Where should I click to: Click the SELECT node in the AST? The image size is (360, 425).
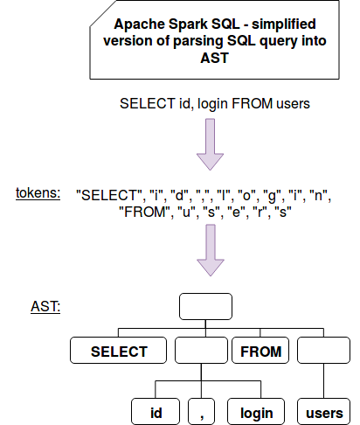click(x=118, y=350)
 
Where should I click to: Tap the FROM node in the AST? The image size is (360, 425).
click(x=260, y=350)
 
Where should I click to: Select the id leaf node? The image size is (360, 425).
click(x=156, y=411)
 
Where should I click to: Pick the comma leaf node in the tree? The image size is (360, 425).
click(x=201, y=411)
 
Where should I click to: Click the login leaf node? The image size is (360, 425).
click(x=256, y=411)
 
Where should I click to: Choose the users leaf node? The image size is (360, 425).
click(x=323, y=411)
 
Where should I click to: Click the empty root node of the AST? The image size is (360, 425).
click(x=205, y=306)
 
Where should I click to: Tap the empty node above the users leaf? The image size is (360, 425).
click(x=323, y=350)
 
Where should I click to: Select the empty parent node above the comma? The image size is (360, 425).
click(x=201, y=350)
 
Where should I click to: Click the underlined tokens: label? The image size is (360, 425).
click(x=38, y=193)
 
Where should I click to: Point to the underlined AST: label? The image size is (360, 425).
click(x=45, y=306)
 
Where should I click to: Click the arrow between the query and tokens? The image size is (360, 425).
click(x=210, y=144)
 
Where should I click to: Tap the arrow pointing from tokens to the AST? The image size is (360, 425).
click(x=211, y=250)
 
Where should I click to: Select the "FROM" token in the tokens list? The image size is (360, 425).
click(x=145, y=212)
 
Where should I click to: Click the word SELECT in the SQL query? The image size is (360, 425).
click(x=147, y=103)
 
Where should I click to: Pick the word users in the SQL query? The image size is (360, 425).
click(x=293, y=104)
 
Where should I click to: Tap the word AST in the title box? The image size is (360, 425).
click(x=214, y=58)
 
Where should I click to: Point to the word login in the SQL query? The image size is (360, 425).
click(x=212, y=104)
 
